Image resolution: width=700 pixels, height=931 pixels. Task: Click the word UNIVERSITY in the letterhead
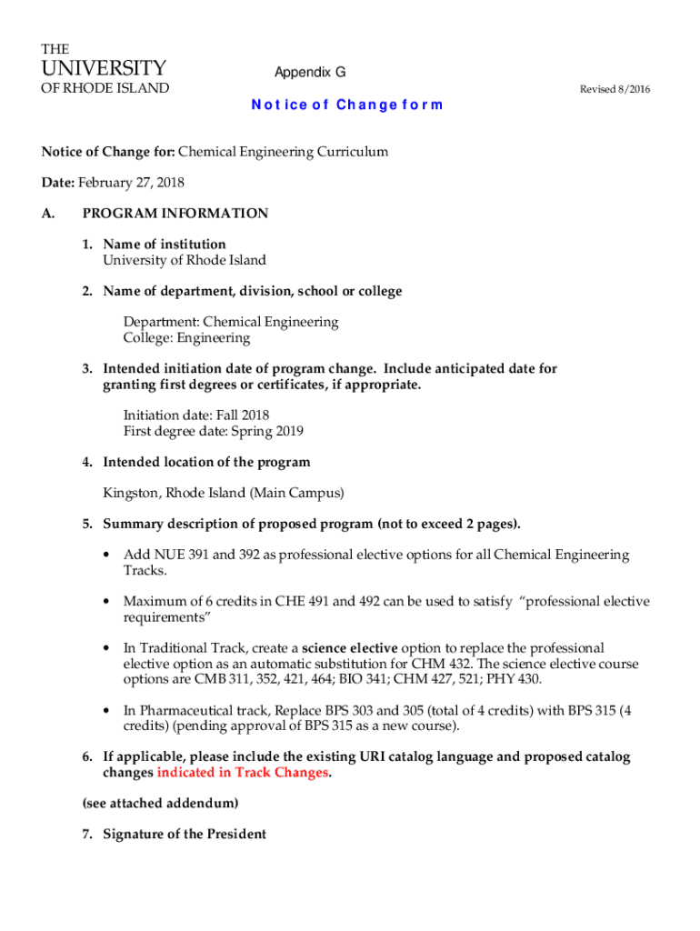tap(104, 68)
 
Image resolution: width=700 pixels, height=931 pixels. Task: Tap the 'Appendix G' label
tap(310, 72)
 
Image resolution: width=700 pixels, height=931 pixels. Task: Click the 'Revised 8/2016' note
tap(615, 89)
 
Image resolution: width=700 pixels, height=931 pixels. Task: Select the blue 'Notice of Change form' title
tap(346, 105)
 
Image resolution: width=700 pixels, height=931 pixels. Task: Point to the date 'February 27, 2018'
tap(131, 183)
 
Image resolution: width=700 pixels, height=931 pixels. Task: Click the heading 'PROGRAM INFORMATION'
tap(175, 214)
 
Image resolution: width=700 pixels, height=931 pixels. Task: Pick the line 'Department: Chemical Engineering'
tap(231, 322)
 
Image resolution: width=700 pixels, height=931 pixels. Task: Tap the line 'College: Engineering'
tap(186, 338)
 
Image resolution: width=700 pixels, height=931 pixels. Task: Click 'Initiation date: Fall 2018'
tap(196, 415)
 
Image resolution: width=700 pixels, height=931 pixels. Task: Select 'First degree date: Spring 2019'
tap(214, 431)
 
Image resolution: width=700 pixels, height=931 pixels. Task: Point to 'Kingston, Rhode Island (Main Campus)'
tap(224, 494)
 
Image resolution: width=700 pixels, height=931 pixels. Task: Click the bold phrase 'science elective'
tap(350, 648)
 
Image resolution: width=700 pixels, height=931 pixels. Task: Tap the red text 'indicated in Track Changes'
tap(243, 773)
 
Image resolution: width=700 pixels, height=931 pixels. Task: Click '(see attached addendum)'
tap(160, 804)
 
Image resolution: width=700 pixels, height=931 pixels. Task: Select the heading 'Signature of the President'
tap(185, 835)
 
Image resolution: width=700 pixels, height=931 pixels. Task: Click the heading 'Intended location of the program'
tap(206, 462)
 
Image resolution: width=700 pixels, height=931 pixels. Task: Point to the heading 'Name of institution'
tap(165, 245)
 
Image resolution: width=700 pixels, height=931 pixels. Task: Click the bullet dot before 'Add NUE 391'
tap(109, 556)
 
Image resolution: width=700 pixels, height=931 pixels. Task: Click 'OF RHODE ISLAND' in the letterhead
tap(104, 88)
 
